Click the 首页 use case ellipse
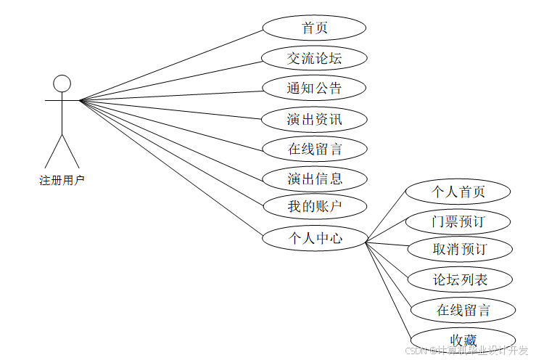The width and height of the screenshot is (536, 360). (314, 28)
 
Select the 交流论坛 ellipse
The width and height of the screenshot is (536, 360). (314, 58)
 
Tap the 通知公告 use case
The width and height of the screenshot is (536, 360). (314, 89)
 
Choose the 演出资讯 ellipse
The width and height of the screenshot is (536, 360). (314, 119)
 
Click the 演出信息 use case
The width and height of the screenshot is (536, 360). (314, 178)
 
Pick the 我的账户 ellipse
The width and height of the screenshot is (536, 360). (314, 206)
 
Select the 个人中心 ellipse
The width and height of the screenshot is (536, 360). (314, 237)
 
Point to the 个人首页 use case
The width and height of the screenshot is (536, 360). (458, 192)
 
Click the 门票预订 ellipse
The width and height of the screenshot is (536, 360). (458, 221)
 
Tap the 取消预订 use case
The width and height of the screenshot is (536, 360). (460, 250)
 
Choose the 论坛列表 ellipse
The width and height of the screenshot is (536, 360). (461, 279)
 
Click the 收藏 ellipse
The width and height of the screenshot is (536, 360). (463, 339)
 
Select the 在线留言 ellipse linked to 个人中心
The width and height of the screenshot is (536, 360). (463, 310)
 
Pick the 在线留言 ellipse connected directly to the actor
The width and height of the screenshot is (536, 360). (314, 149)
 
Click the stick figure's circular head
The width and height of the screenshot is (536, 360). (62, 83)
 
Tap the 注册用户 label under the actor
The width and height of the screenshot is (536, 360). (62, 181)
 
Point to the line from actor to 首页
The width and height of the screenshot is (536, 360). (170, 65)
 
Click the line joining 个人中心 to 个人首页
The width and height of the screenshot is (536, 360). (385, 217)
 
